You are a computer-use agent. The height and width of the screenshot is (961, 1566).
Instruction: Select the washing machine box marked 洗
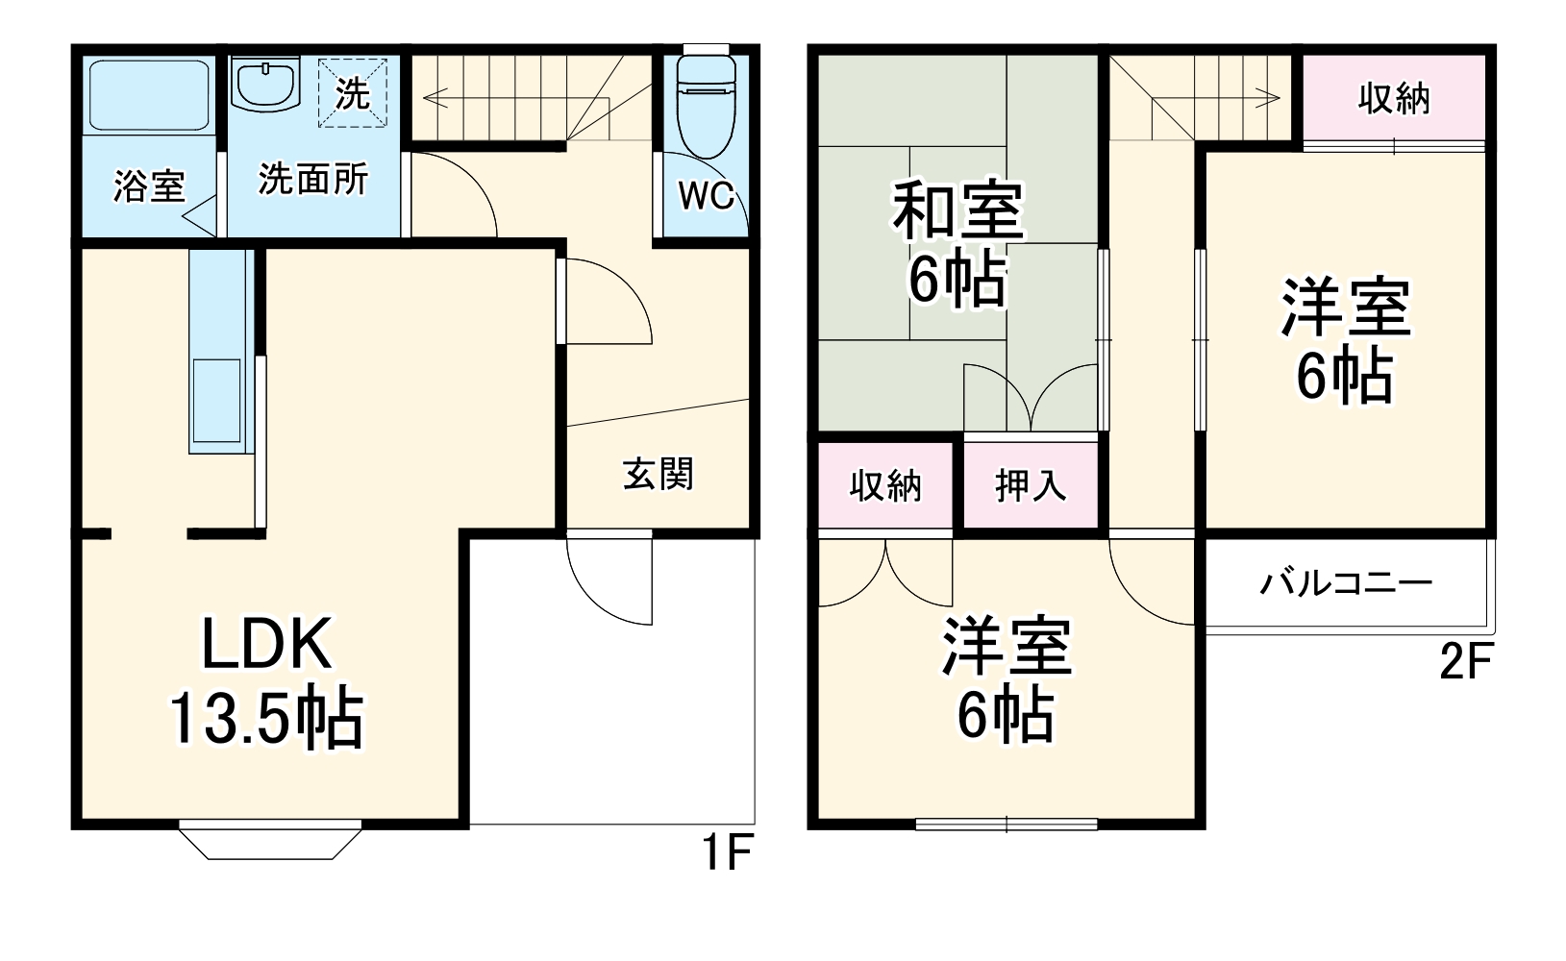pyautogui.click(x=353, y=93)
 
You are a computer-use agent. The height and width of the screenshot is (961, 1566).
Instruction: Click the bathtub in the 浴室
pyautogui.click(x=148, y=95)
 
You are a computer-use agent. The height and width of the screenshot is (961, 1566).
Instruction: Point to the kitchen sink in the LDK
pyautogui.click(x=216, y=398)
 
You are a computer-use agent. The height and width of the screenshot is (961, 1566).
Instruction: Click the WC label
pyautogui.click(x=706, y=196)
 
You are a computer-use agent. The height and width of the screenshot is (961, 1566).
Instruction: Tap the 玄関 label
pyautogui.click(x=658, y=474)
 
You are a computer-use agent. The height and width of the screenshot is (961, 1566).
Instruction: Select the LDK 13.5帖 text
pyautogui.click(x=266, y=681)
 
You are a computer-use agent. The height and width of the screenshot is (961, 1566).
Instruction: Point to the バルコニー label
pyautogui.click(x=1346, y=583)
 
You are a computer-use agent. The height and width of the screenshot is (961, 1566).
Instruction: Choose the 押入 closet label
pyautogui.click(x=1030, y=486)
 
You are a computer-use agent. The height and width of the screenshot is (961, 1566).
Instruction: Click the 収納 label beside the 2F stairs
pyautogui.click(x=1393, y=98)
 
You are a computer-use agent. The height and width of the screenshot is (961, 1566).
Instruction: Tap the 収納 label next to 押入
pyautogui.click(x=885, y=486)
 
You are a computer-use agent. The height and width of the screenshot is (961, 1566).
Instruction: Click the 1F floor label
pyautogui.click(x=726, y=853)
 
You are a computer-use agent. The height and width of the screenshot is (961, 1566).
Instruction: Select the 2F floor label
pyautogui.click(x=1464, y=663)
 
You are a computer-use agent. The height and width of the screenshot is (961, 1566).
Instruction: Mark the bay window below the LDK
pyautogui.click(x=270, y=841)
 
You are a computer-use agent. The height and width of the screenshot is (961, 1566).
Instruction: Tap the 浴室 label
pyautogui.click(x=149, y=185)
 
